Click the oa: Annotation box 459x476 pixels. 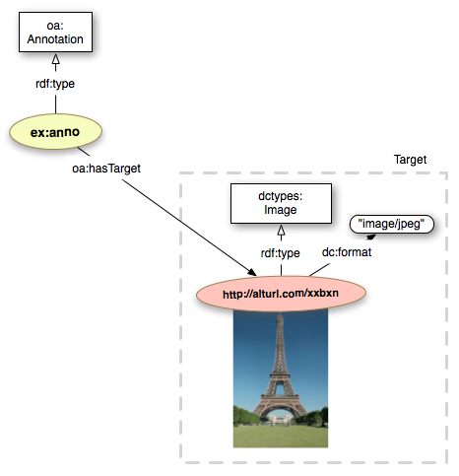pyautogui.click(x=55, y=32)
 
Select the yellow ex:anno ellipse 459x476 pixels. pyautogui.click(x=55, y=132)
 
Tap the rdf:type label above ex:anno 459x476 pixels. pyautogui.click(x=55, y=84)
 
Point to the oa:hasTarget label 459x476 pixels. pyautogui.click(x=106, y=169)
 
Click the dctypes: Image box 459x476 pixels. pyautogui.click(x=281, y=203)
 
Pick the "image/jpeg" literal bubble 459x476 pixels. pyautogui.click(x=392, y=225)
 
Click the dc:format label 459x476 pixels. pyautogui.click(x=347, y=252)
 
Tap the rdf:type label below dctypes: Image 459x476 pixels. pyautogui.click(x=280, y=253)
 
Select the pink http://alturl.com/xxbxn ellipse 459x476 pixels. pyautogui.click(x=281, y=294)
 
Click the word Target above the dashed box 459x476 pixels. pyautogui.click(x=410, y=160)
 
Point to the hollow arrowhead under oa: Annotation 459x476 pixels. pyautogui.click(x=56, y=60)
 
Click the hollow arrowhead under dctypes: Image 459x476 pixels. pyautogui.click(x=281, y=231)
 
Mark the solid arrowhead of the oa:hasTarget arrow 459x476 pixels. pyautogui.click(x=252, y=272)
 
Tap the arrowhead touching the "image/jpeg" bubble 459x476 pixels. pyautogui.click(x=371, y=237)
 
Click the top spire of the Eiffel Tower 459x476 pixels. pyautogui.click(x=280, y=318)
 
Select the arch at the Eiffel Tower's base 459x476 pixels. pyautogui.click(x=280, y=414)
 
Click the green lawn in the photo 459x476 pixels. pyautogui.click(x=281, y=436)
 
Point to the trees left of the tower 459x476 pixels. pyautogui.click(x=246, y=416)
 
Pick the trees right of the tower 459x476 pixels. pyautogui.click(x=312, y=416)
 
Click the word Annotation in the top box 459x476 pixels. pyautogui.click(x=55, y=39)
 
